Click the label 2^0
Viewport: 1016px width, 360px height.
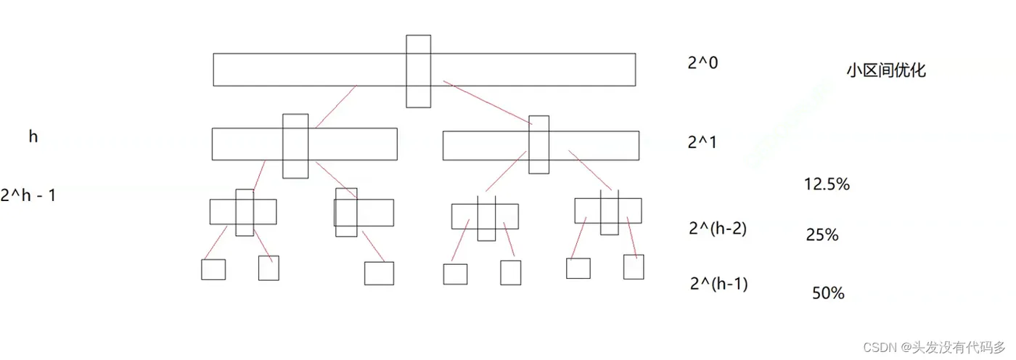(x=702, y=63)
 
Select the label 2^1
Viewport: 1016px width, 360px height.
(x=702, y=142)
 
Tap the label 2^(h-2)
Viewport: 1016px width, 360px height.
(x=718, y=228)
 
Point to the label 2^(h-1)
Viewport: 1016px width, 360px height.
(x=718, y=283)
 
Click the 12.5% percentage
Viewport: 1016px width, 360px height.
(x=827, y=184)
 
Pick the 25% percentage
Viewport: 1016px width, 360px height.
(x=822, y=235)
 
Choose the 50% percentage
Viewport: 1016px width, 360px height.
(x=828, y=293)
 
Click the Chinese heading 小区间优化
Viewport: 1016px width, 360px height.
(x=886, y=71)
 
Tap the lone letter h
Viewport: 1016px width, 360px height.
(x=33, y=136)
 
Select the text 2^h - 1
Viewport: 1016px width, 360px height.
(x=29, y=195)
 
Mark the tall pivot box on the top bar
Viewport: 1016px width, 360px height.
(x=419, y=70)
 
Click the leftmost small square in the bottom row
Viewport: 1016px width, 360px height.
(x=213, y=269)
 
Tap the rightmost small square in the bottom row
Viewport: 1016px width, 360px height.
(x=634, y=266)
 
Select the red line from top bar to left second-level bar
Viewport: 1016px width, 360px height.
(x=335, y=107)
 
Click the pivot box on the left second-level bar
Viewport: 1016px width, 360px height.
(x=295, y=145)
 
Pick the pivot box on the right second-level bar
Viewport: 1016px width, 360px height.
(x=538, y=144)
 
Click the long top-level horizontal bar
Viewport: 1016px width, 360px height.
(x=305, y=70)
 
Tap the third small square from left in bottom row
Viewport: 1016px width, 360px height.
(x=379, y=273)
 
